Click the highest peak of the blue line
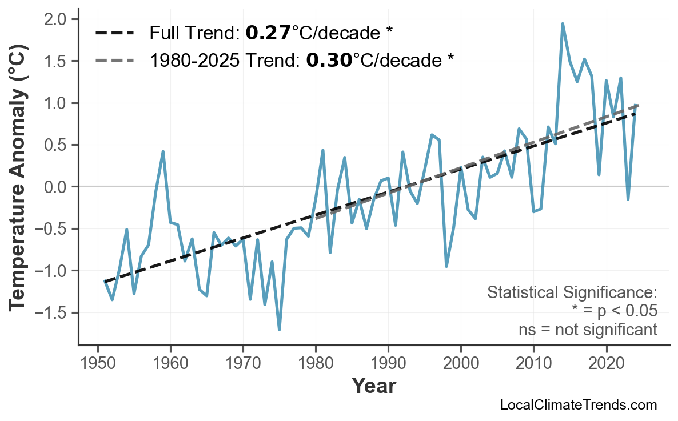click(563, 24)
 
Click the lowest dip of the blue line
click(279, 330)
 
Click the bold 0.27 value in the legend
click(268, 34)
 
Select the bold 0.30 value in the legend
click(329, 59)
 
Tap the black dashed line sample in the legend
click(114, 34)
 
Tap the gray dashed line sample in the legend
click(114, 59)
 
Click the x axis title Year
click(373, 386)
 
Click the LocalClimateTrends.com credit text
click(578, 405)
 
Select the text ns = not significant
click(587, 330)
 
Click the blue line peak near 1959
click(163, 152)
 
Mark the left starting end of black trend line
click(105, 281)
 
